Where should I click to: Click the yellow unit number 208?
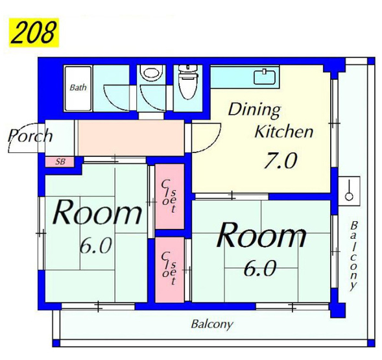tap(34, 32)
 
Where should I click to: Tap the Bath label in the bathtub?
tap(78, 88)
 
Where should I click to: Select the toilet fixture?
tap(187, 82)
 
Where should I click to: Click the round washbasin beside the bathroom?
tap(151, 73)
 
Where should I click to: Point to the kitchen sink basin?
tap(265, 77)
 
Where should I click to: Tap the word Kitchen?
tap(284, 132)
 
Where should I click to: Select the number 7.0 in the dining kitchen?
tap(281, 160)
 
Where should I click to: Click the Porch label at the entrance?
tap(30, 136)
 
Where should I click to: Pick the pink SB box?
tap(60, 162)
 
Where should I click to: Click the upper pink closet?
tap(169, 197)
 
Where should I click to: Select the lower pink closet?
tap(169, 270)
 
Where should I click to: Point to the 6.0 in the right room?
tap(260, 268)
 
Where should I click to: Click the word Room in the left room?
tap(97, 212)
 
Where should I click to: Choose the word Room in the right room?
tap(261, 235)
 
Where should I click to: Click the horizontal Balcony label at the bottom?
tap(212, 324)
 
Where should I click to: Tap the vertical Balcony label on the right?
tap(353, 256)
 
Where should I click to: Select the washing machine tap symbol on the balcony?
tap(350, 190)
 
